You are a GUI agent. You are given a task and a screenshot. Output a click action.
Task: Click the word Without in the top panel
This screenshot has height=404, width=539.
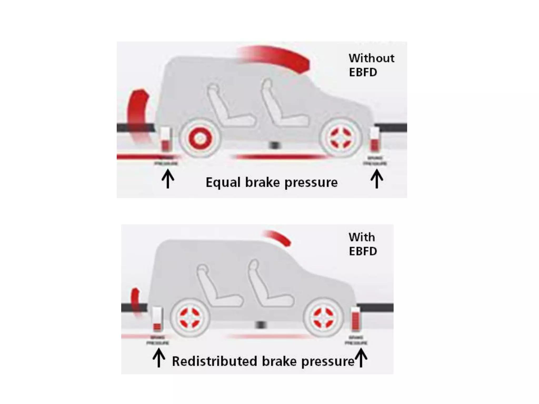[371, 58]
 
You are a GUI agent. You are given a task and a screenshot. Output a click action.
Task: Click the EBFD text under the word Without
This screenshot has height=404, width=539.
[363, 72]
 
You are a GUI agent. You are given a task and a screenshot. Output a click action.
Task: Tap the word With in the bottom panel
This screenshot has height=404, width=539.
[362, 237]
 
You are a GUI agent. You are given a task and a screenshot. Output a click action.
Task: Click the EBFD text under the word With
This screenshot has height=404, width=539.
[363, 251]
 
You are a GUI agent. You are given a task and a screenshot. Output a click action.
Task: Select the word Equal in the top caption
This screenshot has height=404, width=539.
[223, 183]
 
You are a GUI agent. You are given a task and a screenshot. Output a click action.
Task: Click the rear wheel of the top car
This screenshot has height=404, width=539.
[200, 138]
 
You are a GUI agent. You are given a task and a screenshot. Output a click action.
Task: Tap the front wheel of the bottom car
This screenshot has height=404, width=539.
[323, 318]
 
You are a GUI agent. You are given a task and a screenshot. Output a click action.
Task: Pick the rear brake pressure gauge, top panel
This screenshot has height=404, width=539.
[166, 139]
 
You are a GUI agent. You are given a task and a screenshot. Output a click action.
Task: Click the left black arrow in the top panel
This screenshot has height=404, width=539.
[168, 179]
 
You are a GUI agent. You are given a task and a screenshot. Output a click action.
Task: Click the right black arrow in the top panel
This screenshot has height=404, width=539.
[377, 179]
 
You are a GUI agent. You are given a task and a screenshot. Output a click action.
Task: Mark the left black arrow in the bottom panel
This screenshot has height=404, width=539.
[159, 357]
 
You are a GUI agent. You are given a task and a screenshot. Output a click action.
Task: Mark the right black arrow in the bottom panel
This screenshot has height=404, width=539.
[361, 357]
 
